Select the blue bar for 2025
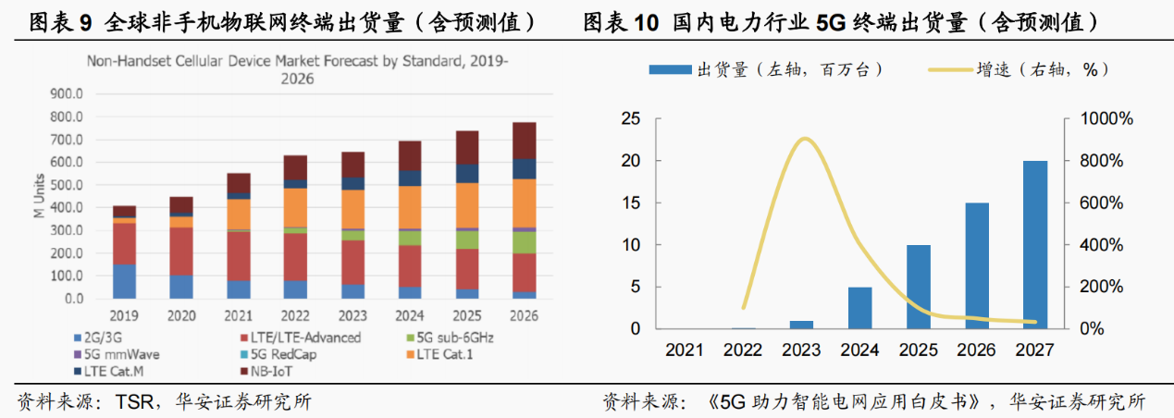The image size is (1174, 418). pyautogui.click(x=918, y=287)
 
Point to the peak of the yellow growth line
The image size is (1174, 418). pyautogui.click(x=806, y=139)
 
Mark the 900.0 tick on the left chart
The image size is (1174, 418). pyautogui.click(x=66, y=94)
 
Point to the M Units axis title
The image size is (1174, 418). pyautogui.click(x=38, y=196)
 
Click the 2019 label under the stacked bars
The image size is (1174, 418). pyautogui.click(x=123, y=315)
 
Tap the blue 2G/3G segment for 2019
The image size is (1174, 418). pyautogui.click(x=124, y=281)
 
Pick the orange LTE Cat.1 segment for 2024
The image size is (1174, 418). pyautogui.click(x=409, y=206)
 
